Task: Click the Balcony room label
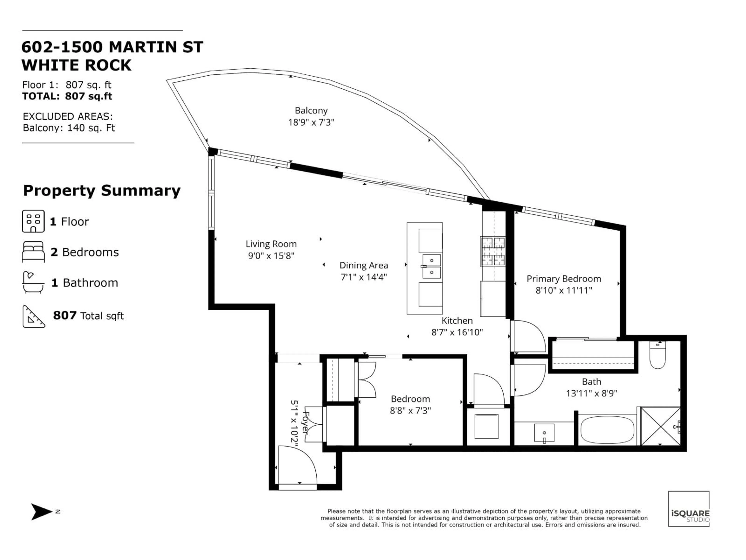(311, 110)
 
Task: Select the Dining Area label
(363, 265)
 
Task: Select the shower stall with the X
(660, 426)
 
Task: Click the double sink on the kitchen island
(431, 266)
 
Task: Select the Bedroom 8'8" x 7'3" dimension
(410, 410)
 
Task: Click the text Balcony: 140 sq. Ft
(69, 128)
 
